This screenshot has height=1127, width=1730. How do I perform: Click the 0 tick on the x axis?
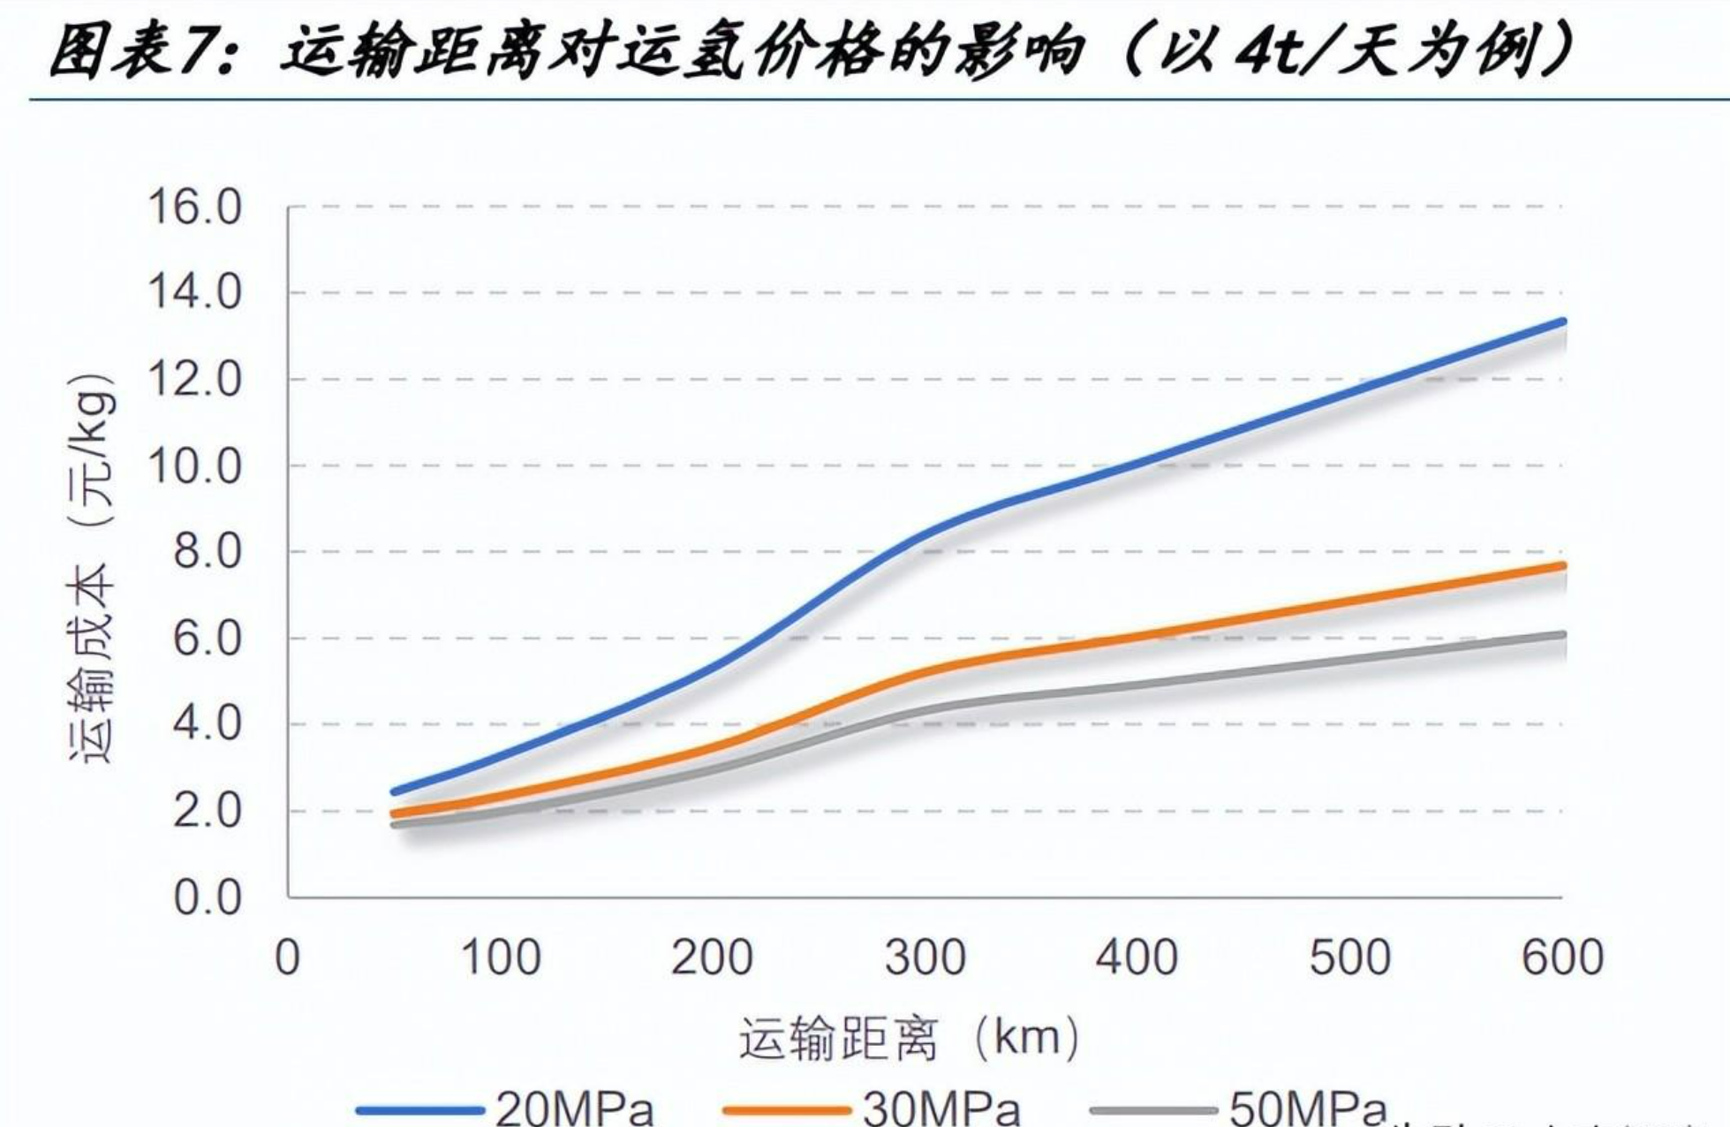[x=288, y=957]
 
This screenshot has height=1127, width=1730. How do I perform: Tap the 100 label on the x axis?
[x=501, y=957]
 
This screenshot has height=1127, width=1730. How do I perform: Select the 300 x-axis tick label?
[x=925, y=957]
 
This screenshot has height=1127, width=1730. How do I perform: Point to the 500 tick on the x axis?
[x=1349, y=957]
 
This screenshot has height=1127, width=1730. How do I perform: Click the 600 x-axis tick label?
[x=1562, y=957]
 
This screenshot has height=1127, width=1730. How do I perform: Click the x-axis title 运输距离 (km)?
[x=910, y=1039]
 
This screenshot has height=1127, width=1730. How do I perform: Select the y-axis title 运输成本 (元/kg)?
[x=92, y=570]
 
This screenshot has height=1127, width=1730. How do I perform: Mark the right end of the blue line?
[x=1563, y=321]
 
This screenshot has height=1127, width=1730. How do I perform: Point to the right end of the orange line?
[x=1563, y=565]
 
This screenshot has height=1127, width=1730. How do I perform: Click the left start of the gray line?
[x=394, y=825]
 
